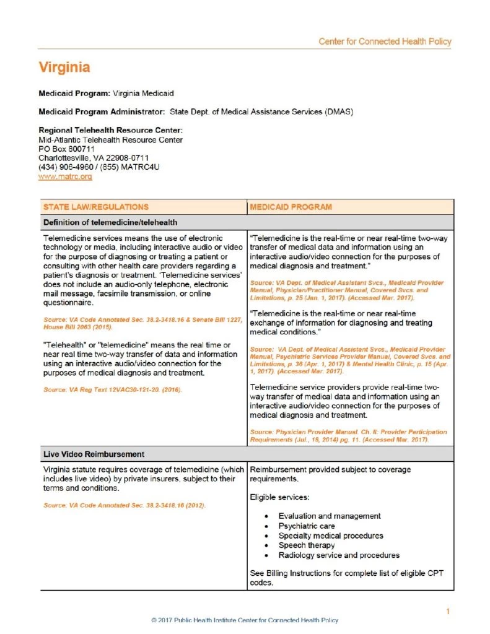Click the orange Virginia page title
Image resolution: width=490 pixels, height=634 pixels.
[64, 67]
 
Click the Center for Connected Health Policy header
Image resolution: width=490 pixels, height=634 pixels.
[385, 41]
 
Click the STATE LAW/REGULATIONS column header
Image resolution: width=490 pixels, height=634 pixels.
[96, 207]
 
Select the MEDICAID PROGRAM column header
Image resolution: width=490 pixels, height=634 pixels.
[291, 207]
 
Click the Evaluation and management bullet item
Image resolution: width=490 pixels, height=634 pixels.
[330, 516]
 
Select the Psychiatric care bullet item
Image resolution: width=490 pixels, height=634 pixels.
[307, 526]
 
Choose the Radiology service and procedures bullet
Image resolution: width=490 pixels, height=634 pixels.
[339, 555]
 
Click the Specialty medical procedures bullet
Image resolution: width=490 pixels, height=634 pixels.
[331, 536]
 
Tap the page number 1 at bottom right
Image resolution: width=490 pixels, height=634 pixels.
[447, 612]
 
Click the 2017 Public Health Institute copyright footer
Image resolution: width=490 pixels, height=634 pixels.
[245, 620]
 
